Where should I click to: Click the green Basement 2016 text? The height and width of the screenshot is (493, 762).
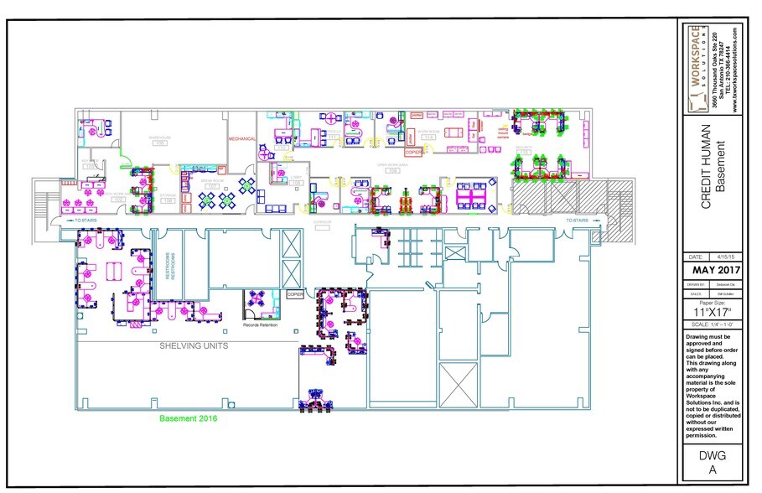[189, 418]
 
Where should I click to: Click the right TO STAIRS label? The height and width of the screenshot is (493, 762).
[579, 221]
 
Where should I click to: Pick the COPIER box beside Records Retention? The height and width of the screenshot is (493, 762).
[295, 295]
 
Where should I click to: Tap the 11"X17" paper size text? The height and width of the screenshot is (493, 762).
[712, 310]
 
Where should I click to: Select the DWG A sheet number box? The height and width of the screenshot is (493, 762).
[712, 464]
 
